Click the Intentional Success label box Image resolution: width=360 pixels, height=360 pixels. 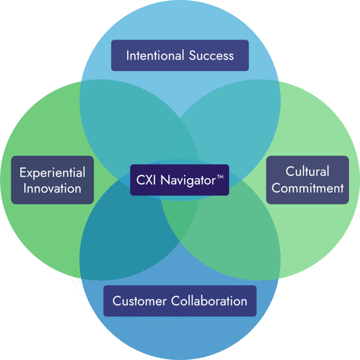tap(179, 56)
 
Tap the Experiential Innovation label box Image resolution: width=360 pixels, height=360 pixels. tap(52, 180)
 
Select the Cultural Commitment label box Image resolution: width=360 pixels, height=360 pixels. tap(307, 179)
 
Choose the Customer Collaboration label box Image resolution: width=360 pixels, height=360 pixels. tap(179, 301)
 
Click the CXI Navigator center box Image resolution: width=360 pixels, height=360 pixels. tap(179, 180)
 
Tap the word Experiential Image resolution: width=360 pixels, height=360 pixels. tap(52, 173)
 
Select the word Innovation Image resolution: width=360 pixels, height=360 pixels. tap(52, 188)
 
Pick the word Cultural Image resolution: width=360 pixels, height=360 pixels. tap(307, 172)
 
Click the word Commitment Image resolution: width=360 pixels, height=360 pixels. tap(307, 187)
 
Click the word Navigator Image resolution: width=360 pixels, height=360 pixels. tap(188, 181)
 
